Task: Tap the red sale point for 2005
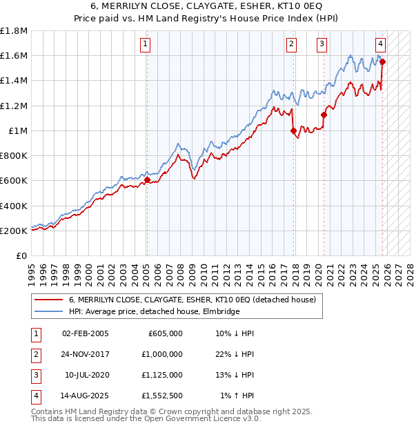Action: pos(147,180)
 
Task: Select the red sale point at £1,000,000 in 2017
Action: pos(294,130)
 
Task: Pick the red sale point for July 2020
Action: pos(324,115)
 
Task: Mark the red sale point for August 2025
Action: pos(383,61)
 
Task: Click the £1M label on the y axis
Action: pos(18,131)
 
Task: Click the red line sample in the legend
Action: pos(49,300)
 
